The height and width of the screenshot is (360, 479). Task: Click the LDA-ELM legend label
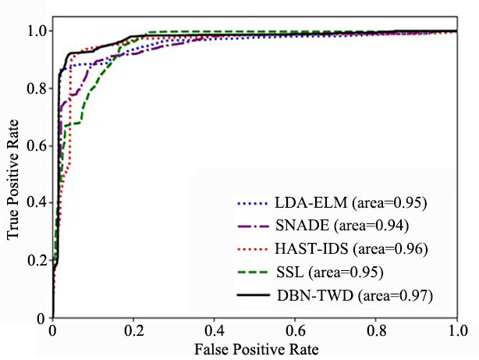pyautogui.click(x=351, y=202)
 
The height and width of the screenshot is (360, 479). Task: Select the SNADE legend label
pyautogui.click(x=342, y=226)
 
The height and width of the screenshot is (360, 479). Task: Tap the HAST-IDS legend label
pyautogui.click(x=351, y=248)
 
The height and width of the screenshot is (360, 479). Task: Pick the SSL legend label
pyautogui.click(x=330, y=272)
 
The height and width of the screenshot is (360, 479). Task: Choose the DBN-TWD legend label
pyautogui.click(x=355, y=295)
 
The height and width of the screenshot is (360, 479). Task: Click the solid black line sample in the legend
pyautogui.click(x=254, y=295)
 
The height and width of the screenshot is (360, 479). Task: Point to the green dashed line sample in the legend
pyautogui.click(x=254, y=272)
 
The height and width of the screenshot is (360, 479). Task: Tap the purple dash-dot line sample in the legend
pyautogui.click(x=254, y=226)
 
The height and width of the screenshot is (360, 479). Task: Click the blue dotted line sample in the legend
pyautogui.click(x=254, y=203)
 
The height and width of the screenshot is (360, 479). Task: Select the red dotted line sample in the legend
pyautogui.click(x=254, y=249)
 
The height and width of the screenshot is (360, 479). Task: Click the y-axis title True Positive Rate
pyautogui.click(x=12, y=180)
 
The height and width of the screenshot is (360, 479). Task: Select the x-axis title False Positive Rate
pyautogui.click(x=257, y=349)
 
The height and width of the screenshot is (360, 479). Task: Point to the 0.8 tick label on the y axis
pyautogui.click(x=36, y=88)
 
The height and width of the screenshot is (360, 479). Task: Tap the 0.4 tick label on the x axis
pyautogui.click(x=215, y=331)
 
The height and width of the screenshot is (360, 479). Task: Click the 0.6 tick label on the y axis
pyautogui.click(x=36, y=145)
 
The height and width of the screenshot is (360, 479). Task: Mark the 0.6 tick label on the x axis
pyautogui.click(x=295, y=331)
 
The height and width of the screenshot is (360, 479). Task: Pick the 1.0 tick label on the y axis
pyautogui.click(x=36, y=31)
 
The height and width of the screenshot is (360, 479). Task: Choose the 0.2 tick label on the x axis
pyautogui.click(x=133, y=331)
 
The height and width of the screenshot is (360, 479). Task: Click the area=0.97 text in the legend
pyautogui.click(x=396, y=296)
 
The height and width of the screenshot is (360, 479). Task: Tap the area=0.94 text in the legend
pyautogui.click(x=371, y=226)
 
